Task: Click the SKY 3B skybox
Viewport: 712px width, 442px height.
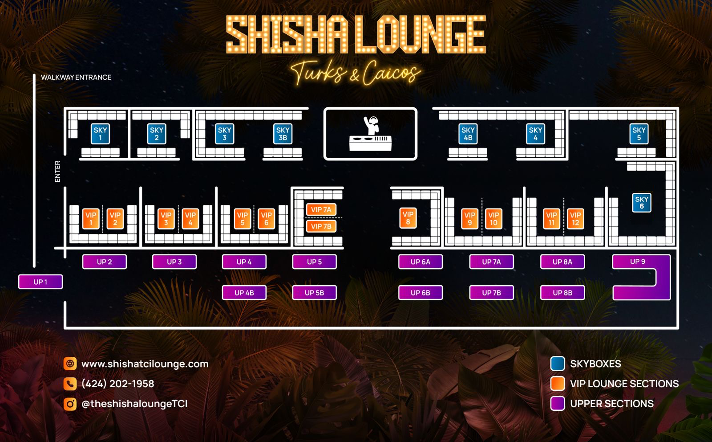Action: pyautogui.click(x=283, y=134)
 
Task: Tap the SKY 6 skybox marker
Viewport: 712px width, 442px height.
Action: pyautogui.click(x=641, y=203)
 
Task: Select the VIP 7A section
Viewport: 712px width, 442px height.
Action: pyautogui.click(x=321, y=209)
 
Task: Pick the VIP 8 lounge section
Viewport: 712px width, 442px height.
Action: pyautogui.click(x=408, y=218)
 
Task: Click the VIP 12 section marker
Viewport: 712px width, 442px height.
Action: pyautogui.click(x=575, y=218)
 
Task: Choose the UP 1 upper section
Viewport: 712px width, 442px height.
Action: pyautogui.click(x=40, y=282)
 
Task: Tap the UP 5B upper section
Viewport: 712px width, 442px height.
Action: pyautogui.click(x=314, y=293)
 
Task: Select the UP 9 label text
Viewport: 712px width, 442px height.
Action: pyautogui.click(x=637, y=262)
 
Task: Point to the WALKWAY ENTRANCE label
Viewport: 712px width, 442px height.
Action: pyautogui.click(x=76, y=77)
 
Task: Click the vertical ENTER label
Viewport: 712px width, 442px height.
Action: pyautogui.click(x=57, y=171)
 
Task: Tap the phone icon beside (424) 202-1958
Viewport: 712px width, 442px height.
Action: pyautogui.click(x=70, y=384)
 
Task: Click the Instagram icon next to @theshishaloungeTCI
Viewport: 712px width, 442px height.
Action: pyautogui.click(x=70, y=404)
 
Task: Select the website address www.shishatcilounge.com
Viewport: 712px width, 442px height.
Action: pyautogui.click(x=145, y=364)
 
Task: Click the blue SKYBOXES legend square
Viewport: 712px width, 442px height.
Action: pyautogui.click(x=557, y=364)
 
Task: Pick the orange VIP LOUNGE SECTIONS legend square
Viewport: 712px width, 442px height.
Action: pyautogui.click(x=557, y=384)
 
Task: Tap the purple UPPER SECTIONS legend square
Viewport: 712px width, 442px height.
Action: pyautogui.click(x=557, y=404)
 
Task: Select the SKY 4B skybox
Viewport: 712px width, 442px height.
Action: pyautogui.click(x=468, y=134)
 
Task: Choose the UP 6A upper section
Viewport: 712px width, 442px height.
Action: pyautogui.click(x=420, y=262)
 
